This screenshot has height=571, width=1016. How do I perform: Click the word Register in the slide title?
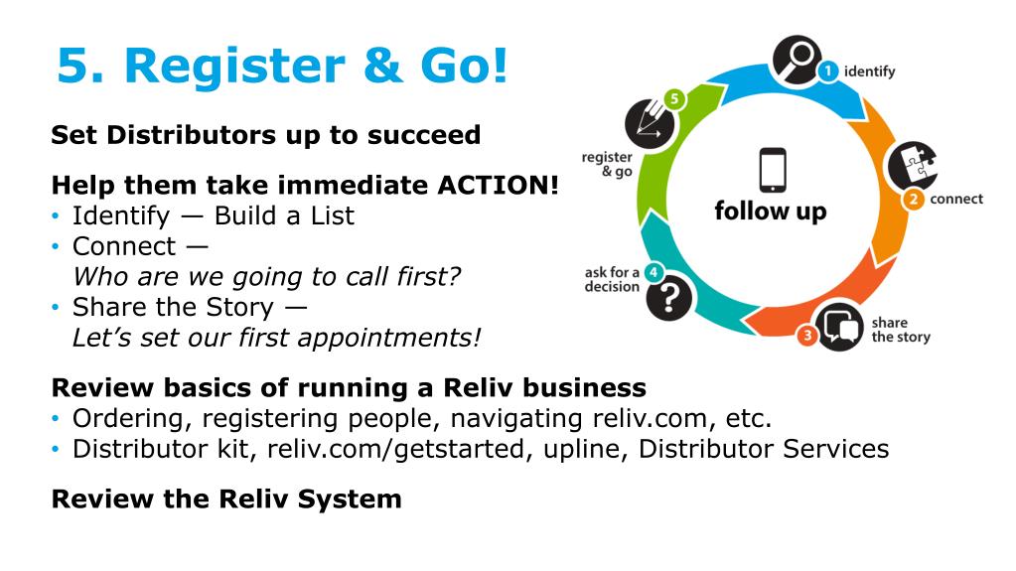(239, 67)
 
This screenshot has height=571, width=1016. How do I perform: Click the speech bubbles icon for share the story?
(839, 326)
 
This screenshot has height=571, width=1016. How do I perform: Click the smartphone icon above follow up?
(771, 170)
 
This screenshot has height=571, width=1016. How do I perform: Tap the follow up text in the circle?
(770, 212)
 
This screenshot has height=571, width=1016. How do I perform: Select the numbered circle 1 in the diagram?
(827, 71)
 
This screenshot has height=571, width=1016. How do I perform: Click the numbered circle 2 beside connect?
(913, 199)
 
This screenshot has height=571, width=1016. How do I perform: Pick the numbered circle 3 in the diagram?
(807, 337)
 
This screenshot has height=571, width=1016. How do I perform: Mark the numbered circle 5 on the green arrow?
(675, 99)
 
